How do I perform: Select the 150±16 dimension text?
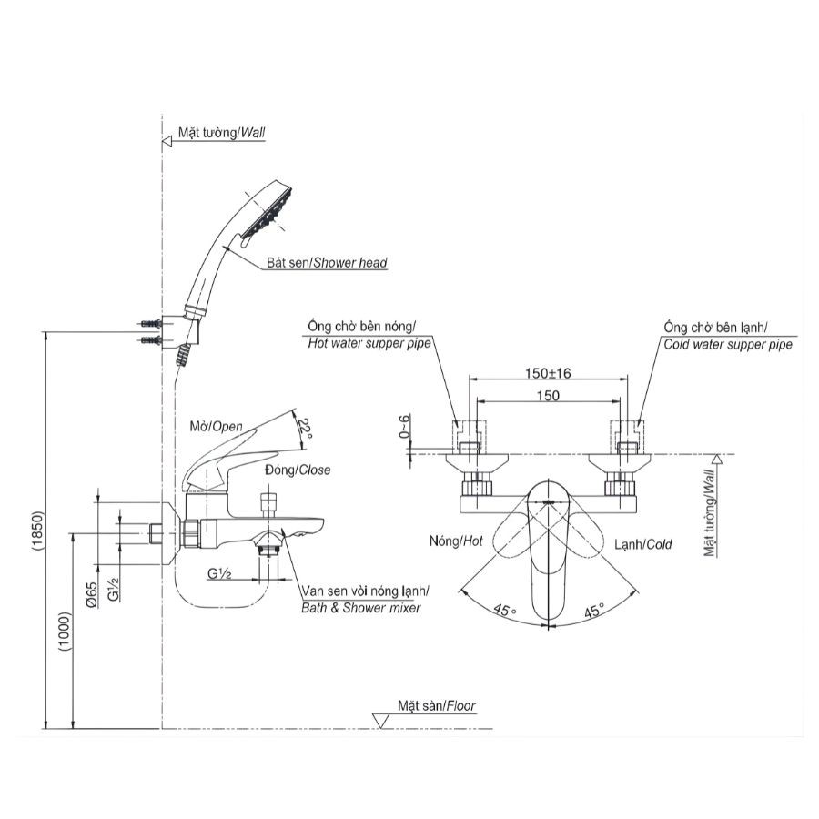pos(546,373)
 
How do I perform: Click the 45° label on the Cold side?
pos(593,611)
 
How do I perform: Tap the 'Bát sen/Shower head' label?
pos(327,263)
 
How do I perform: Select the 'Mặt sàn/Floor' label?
pos(436,705)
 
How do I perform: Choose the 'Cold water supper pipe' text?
pos(727,343)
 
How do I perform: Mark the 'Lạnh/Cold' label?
pos(642,544)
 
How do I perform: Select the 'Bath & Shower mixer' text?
pos(361,607)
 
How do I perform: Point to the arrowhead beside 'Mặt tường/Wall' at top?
pos(167,141)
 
